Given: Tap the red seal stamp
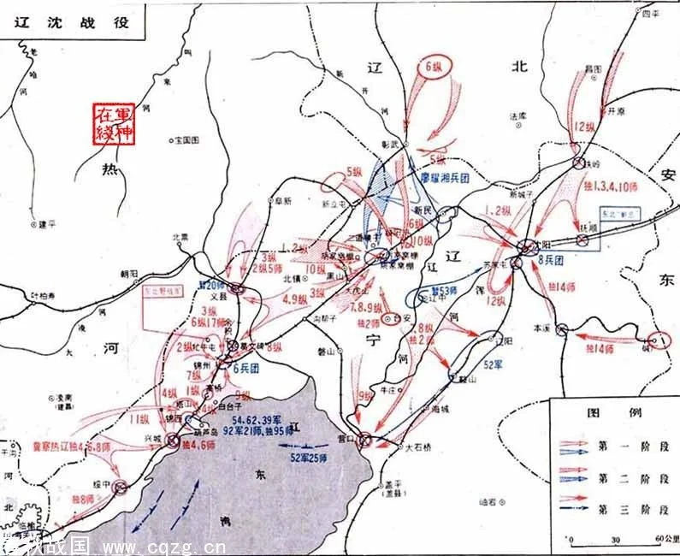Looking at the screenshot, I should tap(115, 122).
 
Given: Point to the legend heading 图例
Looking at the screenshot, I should tap(613, 412).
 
